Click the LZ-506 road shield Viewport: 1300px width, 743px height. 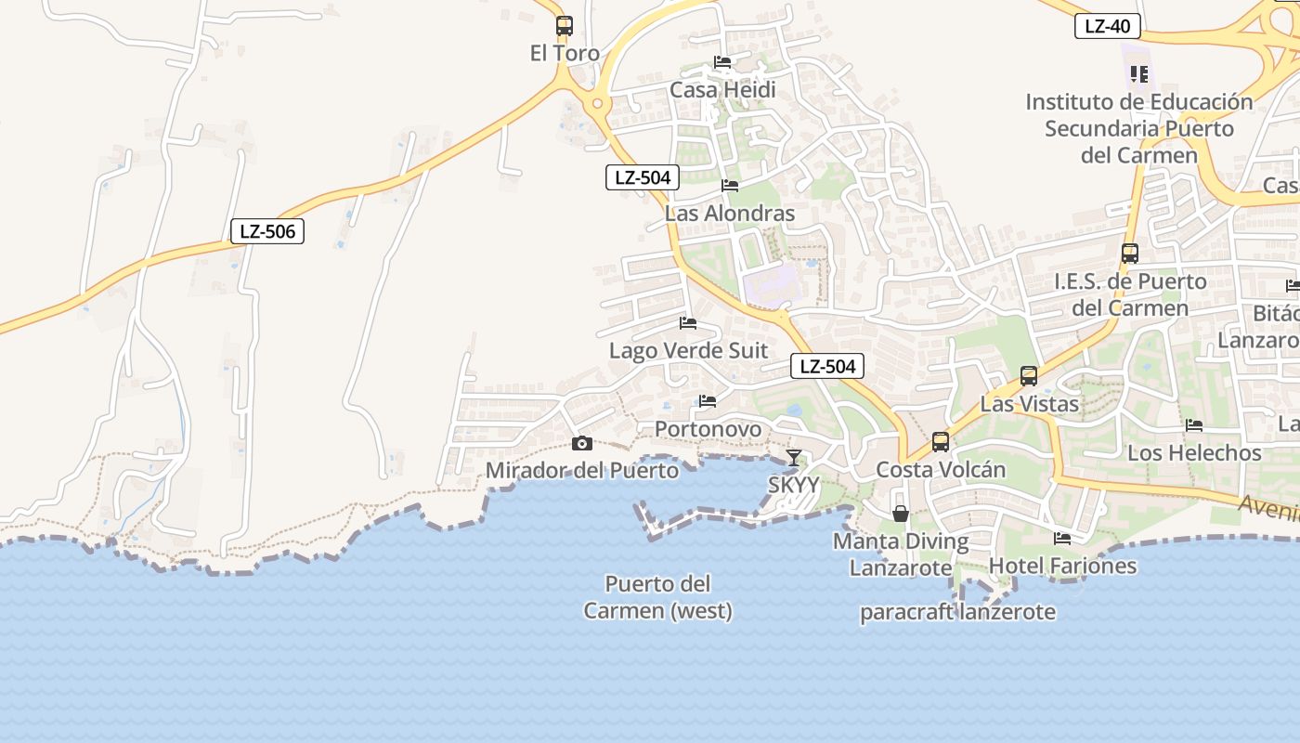coord(267,231)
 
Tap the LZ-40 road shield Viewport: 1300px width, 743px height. coord(1107,26)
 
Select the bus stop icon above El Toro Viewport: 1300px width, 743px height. coord(564,26)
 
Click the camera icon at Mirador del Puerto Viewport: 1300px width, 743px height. coord(582,443)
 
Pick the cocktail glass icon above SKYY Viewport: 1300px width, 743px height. coord(794,458)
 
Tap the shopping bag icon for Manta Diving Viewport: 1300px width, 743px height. coord(900,514)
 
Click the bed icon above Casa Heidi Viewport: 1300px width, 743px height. coord(722,63)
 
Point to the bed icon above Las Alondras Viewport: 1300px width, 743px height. coord(730,186)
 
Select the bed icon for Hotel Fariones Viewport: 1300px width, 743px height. coord(1062,539)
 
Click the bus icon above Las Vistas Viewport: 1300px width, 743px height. coord(1029,376)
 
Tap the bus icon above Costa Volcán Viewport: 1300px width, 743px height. coord(941,442)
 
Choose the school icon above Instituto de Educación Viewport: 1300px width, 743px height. coord(1138,74)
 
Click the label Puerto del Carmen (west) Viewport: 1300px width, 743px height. coord(657,597)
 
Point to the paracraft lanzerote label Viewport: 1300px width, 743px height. coord(957,613)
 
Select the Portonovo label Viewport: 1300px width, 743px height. coord(708,429)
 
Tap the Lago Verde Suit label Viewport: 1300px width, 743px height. coord(688,351)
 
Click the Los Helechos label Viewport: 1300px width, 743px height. coord(1194,453)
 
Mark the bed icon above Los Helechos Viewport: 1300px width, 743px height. coord(1194,425)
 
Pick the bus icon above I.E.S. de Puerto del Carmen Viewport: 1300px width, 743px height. coord(1129,254)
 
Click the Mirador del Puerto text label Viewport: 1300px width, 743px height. coord(582,470)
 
